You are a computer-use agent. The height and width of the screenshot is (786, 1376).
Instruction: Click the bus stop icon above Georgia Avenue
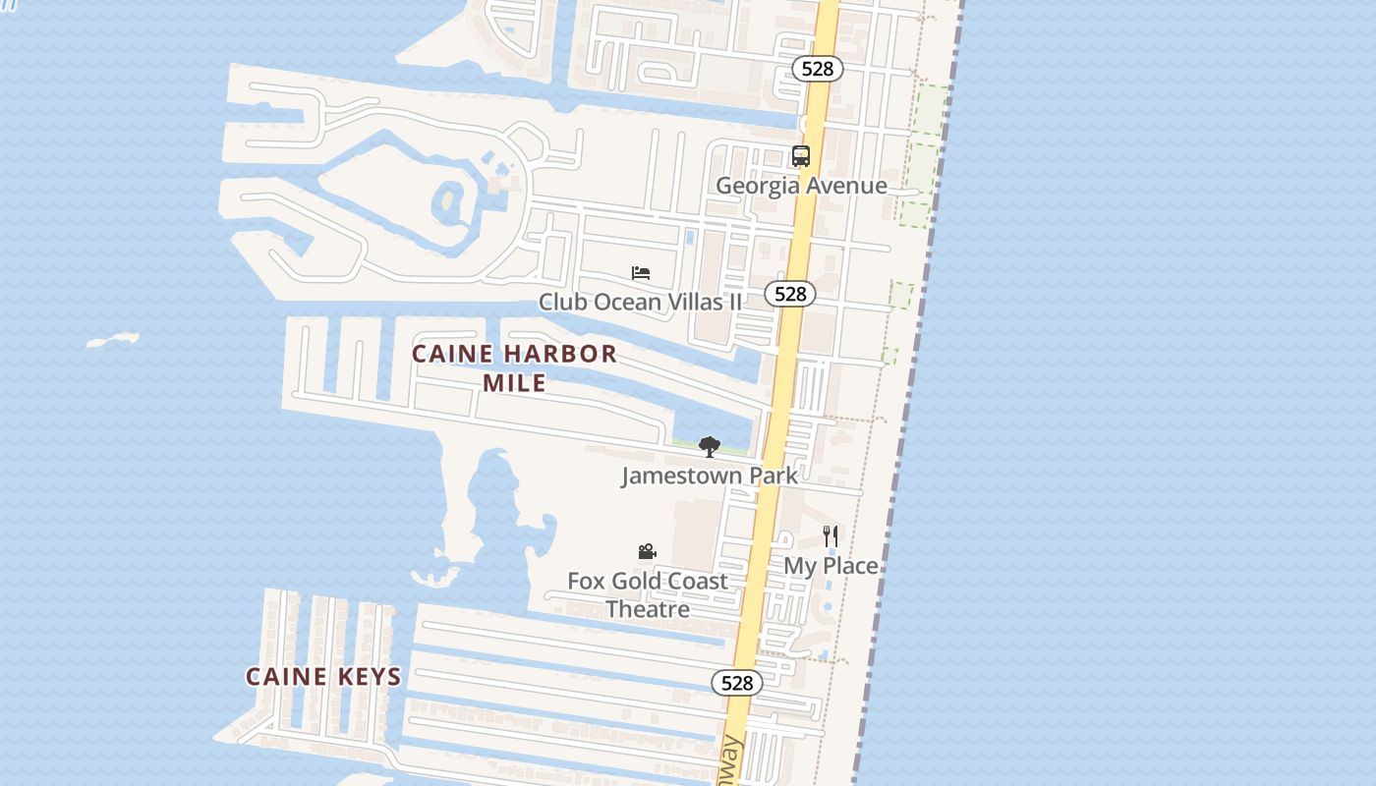pyautogui.click(x=801, y=156)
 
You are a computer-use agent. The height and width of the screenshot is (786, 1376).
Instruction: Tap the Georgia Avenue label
pyautogui.click(x=801, y=186)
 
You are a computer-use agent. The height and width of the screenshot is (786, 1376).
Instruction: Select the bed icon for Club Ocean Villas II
pyautogui.click(x=641, y=273)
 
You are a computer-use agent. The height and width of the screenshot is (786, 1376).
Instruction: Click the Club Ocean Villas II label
pyautogui.click(x=640, y=302)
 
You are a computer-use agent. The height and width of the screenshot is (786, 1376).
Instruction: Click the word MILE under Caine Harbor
pyautogui.click(x=514, y=382)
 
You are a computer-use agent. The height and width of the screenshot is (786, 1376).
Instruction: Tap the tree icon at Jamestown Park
pyautogui.click(x=709, y=447)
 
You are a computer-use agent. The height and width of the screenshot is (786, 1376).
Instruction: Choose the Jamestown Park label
pyautogui.click(x=709, y=477)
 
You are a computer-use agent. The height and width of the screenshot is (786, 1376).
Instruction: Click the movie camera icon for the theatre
pyautogui.click(x=647, y=552)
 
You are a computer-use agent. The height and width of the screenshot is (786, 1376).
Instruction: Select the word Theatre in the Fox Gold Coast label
pyautogui.click(x=647, y=609)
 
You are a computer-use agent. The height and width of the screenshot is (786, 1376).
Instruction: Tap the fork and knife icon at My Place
pyautogui.click(x=831, y=536)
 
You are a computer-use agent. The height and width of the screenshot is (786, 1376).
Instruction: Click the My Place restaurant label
pyautogui.click(x=831, y=566)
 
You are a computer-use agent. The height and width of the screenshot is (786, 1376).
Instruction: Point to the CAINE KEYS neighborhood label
pyautogui.click(x=323, y=677)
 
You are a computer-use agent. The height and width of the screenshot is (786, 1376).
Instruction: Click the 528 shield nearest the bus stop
pyautogui.click(x=817, y=68)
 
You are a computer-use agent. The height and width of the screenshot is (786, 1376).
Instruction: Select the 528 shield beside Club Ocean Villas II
pyautogui.click(x=790, y=294)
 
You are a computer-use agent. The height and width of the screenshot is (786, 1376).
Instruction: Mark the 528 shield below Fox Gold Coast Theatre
pyautogui.click(x=736, y=683)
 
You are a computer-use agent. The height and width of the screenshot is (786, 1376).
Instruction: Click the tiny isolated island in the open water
pyautogui.click(x=112, y=341)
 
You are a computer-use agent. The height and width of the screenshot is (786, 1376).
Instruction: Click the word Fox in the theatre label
pyautogui.click(x=586, y=581)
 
